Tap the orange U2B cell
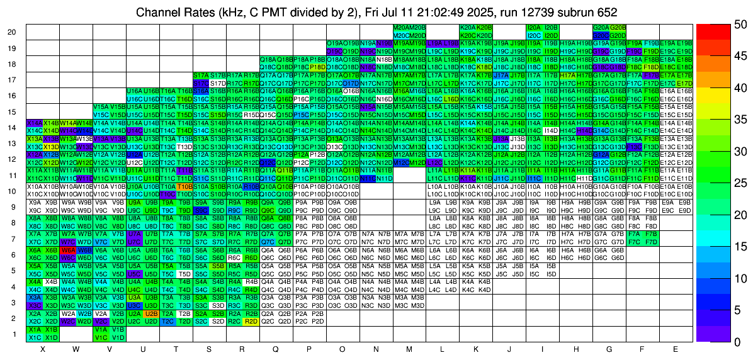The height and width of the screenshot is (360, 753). [150, 313]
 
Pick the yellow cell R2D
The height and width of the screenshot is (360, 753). [251, 321]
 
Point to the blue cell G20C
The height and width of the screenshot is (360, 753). [600, 36]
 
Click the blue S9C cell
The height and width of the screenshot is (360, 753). [201, 211]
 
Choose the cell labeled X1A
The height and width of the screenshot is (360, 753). [34, 329]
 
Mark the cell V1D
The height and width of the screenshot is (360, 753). [116, 337]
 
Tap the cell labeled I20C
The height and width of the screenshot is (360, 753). [533, 36]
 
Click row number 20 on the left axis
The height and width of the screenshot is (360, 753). [12, 32]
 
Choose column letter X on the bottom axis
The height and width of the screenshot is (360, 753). [42, 349]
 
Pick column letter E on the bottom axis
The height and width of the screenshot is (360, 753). [676, 349]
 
